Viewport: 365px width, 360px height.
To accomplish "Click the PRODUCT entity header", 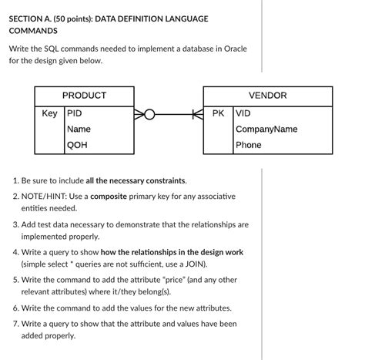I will tap(84, 96).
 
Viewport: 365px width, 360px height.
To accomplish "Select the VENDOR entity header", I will tap(267, 96).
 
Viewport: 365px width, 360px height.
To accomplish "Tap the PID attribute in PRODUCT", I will tap(75, 113).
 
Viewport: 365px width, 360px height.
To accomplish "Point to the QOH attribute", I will tap(77, 144).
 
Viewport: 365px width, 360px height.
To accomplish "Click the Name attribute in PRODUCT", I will tap(79, 129).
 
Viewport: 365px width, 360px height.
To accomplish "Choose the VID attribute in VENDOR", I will tap(243, 113).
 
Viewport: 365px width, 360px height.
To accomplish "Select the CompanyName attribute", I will tap(266, 129).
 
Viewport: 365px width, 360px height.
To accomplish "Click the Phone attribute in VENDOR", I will tap(249, 144).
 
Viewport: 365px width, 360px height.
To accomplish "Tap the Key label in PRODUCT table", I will tap(49, 113).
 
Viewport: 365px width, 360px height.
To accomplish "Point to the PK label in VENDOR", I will tap(219, 113).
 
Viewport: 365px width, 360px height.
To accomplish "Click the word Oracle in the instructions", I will tap(233, 48).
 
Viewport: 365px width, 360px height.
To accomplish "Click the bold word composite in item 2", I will tap(114, 197).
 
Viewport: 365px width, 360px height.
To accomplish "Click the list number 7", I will tap(16, 324).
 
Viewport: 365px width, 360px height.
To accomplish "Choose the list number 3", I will tap(16, 224).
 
